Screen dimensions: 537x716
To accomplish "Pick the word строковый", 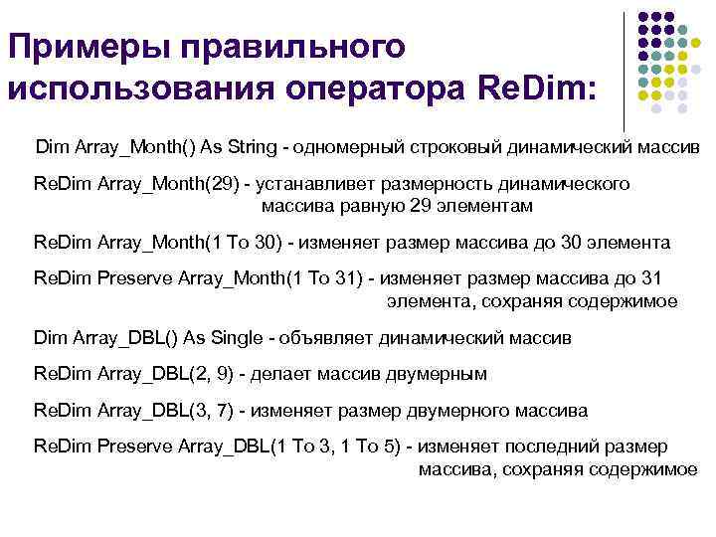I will pyautogui.click(x=453, y=147).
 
